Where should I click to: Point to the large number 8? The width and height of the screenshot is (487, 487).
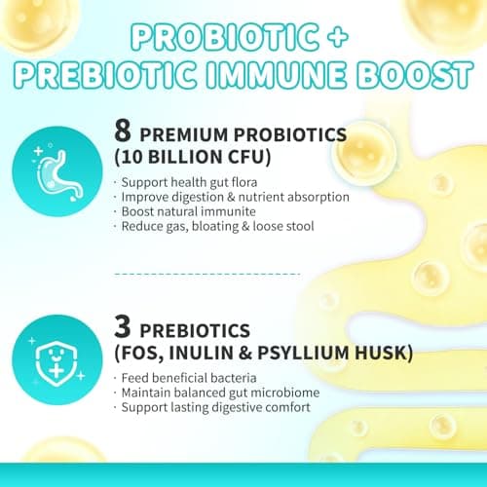[x=121, y=132]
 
